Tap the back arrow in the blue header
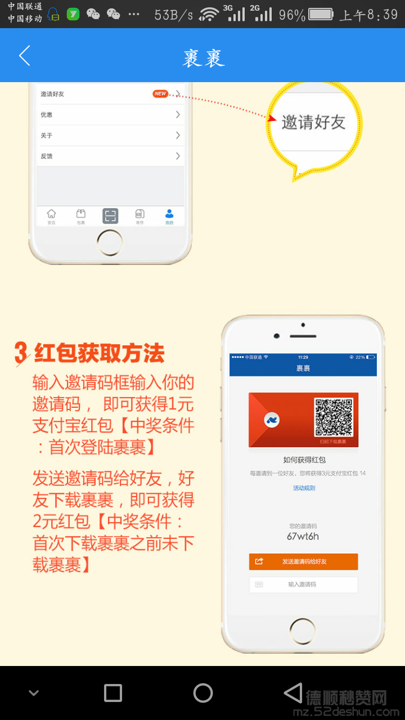point(24,56)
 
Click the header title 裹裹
point(203,57)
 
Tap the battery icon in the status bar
point(321,14)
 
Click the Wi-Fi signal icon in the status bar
point(209,15)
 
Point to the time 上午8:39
point(368,15)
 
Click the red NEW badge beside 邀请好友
point(160,94)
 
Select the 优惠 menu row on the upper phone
point(110,115)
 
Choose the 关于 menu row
point(110,136)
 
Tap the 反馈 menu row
point(110,156)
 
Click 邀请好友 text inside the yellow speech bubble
point(313,122)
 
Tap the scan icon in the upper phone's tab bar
point(110,215)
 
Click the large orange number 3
point(21,353)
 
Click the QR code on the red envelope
point(334,417)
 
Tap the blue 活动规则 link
point(304,488)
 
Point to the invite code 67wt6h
point(303,536)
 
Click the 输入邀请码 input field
point(303,584)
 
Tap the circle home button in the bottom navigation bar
point(203,693)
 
